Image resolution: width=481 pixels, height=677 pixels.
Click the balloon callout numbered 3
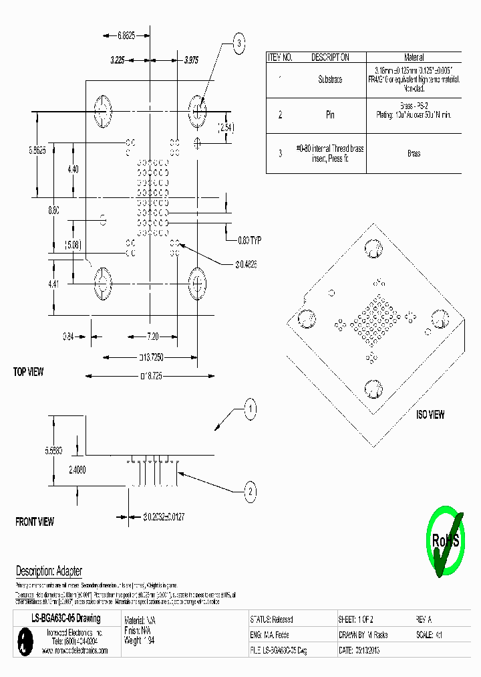(238, 44)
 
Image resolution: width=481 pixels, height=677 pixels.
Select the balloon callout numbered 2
(249, 493)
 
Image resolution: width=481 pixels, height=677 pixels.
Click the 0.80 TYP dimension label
(249, 239)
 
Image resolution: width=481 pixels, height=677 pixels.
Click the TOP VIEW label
(28, 372)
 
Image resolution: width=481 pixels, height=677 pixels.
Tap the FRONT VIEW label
(35, 521)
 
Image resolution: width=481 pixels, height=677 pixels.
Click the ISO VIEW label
(430, 415)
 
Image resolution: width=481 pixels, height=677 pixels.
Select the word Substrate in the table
(330, 80)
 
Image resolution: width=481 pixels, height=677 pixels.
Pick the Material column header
(414, 58)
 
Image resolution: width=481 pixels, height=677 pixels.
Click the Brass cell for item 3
(414, 153)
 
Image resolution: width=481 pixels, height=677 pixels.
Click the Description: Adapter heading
(49, 571)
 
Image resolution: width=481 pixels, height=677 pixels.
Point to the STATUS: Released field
(271, 619)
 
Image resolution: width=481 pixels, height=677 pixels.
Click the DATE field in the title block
(359, 650)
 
